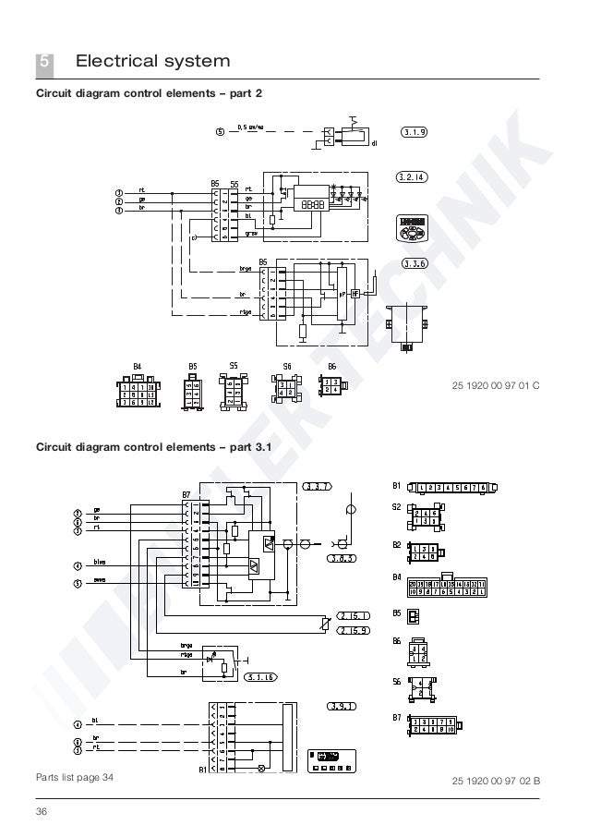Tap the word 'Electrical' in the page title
[x=116, y=63]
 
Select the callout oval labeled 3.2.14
[x=415, y=177]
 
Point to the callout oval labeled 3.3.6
[x=415, y=263]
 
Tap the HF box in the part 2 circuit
[x=355, y=293]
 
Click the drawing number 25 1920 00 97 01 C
[x=496, y=383]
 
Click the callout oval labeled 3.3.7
[x=317, y=486]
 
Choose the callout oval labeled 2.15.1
[x=354, y=615]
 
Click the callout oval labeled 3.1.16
[x=262, y=678]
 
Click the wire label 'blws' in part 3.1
[x=101, y=562]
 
